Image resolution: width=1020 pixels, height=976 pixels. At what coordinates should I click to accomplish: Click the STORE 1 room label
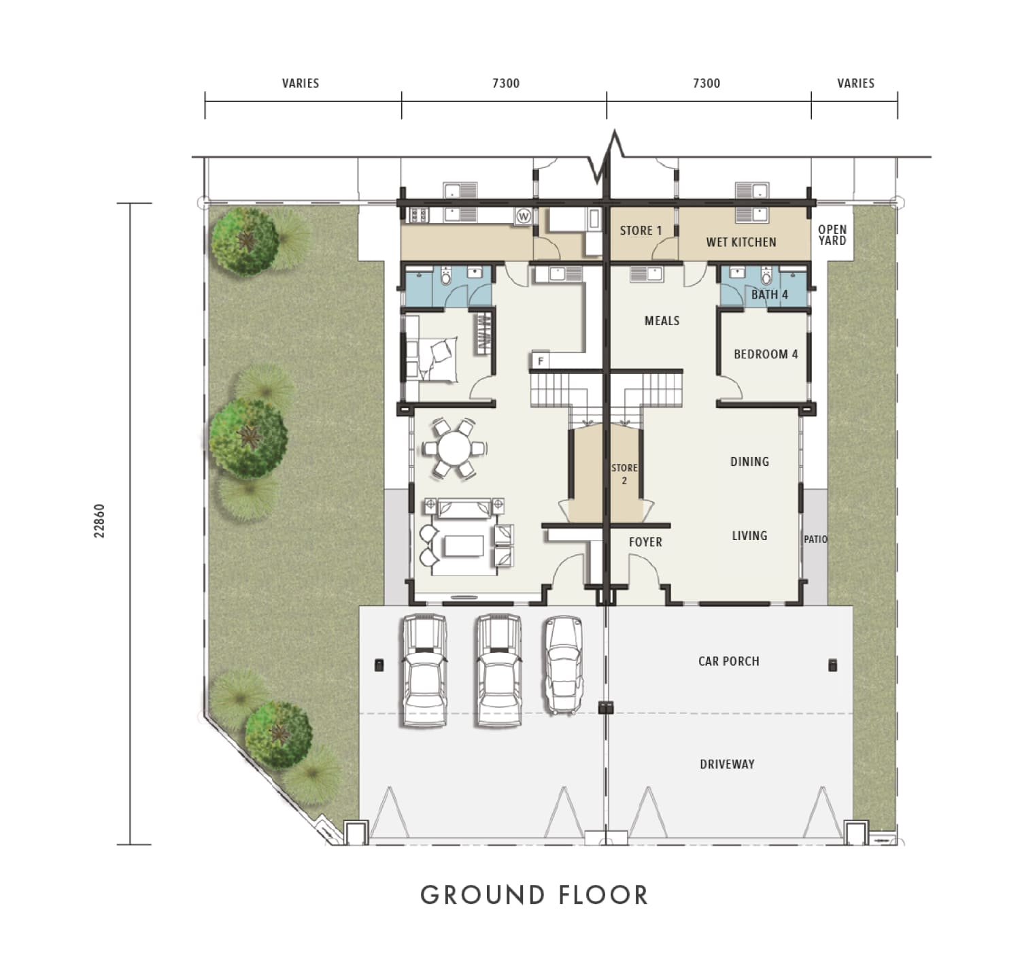tap(641, 231)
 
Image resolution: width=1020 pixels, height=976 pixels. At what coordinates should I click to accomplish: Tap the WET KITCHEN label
tap(741, 242)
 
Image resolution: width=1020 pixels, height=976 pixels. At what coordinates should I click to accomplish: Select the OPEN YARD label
tap(832, 235)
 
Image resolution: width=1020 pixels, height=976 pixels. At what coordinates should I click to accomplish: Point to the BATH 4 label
tap(769, 295)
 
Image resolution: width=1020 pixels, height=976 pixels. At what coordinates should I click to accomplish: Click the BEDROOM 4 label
tap(766, 354)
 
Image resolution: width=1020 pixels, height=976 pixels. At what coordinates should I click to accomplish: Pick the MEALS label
tap(662, 320)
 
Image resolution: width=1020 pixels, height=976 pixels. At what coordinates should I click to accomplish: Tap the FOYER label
tap(645, 542)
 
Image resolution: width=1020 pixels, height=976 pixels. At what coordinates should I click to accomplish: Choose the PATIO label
tap(816, 539)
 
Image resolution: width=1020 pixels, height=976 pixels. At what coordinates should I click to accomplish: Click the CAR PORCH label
tap(728, 661)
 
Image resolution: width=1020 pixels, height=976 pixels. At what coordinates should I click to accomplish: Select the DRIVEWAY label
tap(727, 764)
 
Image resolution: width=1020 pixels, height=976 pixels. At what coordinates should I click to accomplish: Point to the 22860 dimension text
tap(100, 521)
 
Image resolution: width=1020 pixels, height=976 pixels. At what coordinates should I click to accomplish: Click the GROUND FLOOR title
tap(534, 895)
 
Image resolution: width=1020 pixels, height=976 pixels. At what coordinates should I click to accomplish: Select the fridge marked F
tap(541, 361)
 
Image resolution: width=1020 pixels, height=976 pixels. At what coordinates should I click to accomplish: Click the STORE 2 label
tap(624, 474)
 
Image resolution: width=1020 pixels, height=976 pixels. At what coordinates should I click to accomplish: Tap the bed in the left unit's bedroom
tap(437, 357)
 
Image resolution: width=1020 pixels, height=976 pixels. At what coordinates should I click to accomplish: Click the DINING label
tap(749, 462)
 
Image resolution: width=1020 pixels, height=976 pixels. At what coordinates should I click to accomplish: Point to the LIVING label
tap(749, 536)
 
